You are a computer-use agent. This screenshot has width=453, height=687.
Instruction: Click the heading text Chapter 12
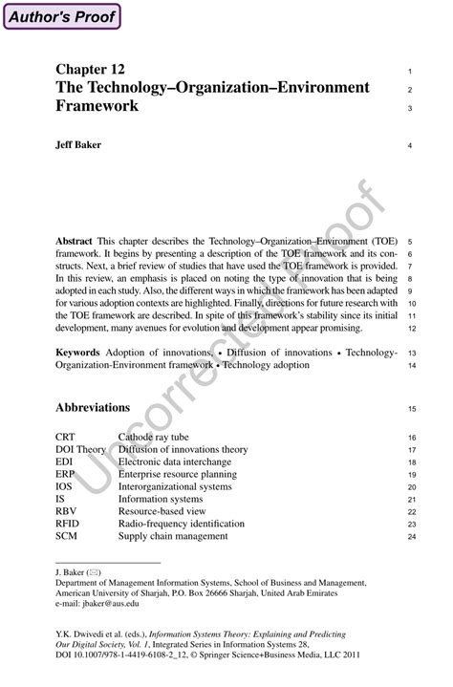(x=91, y=70)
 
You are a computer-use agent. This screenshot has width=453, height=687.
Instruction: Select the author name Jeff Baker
(x=79, y=145)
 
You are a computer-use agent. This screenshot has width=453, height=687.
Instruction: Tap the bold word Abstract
(x=74, y=242)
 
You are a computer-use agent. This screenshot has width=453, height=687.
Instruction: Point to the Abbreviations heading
(x=93, y=407)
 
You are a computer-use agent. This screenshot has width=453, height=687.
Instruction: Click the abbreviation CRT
(x=66, y=437)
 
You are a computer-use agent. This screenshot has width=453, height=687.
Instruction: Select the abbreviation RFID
(x=69, y=524)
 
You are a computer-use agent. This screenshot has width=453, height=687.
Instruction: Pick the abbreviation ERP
(x=66, y=474)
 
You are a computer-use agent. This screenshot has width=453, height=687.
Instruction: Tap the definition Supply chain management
(x=173, y=536)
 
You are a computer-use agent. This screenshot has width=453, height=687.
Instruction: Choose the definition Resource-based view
(x=162, y=511)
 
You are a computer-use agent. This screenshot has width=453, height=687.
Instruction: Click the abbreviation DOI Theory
(x=81, y=449)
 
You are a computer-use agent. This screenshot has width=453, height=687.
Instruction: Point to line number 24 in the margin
(x=410, y=537)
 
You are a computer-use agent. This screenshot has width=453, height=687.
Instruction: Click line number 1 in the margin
(x=409, y=72)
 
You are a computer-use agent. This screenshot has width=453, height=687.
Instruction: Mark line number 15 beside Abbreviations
(x=410, y=409)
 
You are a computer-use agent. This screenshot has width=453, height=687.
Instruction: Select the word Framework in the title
(x=97, y=106)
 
